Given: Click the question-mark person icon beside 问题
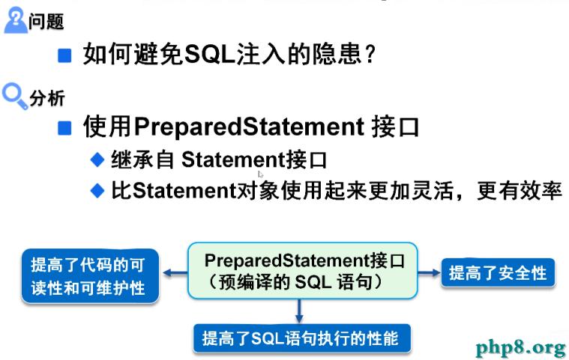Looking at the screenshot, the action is [x=15, y=22].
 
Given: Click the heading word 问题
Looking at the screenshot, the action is [x=46, y=22].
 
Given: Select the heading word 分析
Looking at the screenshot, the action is [x=46, y=98].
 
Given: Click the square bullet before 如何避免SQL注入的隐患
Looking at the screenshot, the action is [x=64, y=55].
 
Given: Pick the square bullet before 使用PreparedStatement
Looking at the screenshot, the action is [x=64, y=127].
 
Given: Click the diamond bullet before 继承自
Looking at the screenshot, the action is [x=97, y=160].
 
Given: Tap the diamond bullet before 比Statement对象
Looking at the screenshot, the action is [x=97, y=190].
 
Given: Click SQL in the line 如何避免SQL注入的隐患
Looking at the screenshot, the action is [x=210, y=55].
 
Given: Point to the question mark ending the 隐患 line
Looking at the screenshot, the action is [x=370, y=55].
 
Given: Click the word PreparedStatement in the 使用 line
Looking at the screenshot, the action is [x=249, y=127].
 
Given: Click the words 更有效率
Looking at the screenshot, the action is [x=520, y=190].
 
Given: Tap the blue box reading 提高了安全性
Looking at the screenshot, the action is [x=498, y=272].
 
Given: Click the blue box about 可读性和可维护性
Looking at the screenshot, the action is [x=90, y=276].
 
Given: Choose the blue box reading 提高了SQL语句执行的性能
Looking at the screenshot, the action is [x=302, y=338].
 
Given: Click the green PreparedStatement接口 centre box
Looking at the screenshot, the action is [x=302, y=271].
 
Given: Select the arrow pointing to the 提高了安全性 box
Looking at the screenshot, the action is [x=430, y=272].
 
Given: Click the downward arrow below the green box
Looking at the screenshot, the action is [x=299, y=311].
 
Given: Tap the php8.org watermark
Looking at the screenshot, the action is [x=522, y=347].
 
